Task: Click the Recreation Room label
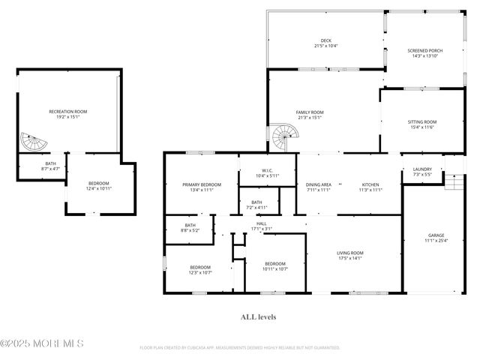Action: point(68,113)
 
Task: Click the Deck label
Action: point(325,43)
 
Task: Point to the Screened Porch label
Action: point(424,53)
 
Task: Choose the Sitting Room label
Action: point(422,124)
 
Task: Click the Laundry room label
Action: point(422,171)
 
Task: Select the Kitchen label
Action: point(370,187)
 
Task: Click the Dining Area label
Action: point(319,187)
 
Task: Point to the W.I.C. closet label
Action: point(267,173)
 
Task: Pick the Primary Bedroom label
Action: point(201,187)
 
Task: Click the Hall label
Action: point(262,225)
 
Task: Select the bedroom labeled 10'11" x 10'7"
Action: point(275,266)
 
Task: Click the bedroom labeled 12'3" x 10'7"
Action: point(199,270)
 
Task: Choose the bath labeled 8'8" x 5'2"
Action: point(190,228)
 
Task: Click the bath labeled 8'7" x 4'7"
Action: point(50,166)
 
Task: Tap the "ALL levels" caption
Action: point(258,317)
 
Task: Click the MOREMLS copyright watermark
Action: point(42,344)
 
